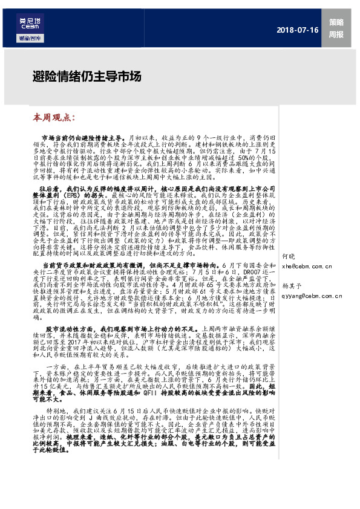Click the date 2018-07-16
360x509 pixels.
point(298,30)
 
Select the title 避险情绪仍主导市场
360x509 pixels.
point(78,77)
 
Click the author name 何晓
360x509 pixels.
point(289,256)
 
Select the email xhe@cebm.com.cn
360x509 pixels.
point(307,265)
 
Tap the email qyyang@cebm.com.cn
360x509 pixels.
point(311,296)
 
